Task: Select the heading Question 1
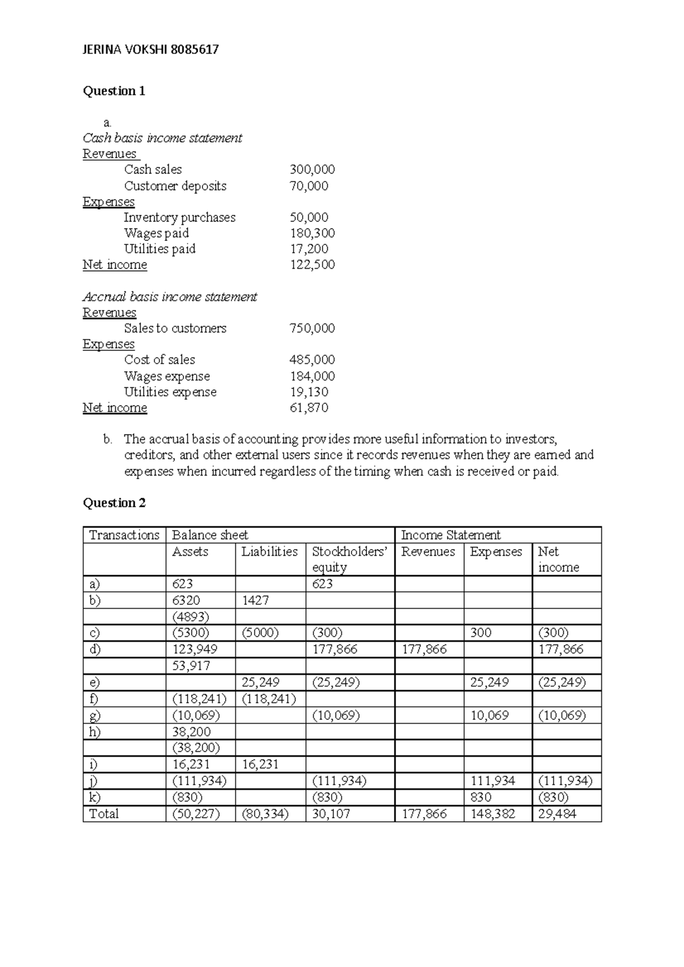pos(114,91)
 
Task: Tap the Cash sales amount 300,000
pos(312,170)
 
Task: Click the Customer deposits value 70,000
pos(308,186)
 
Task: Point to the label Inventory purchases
pos(180,218)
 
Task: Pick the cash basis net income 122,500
pos(312,265)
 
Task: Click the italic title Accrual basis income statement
pos(170,297)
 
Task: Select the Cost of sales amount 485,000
pos(312,360)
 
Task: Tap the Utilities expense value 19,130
pos(308,392)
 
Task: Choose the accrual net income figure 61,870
pos(308,408)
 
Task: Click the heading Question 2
pos(114,503)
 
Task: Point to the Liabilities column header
pos(269,552)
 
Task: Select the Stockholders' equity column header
pos(349,559)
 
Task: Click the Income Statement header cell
pos(450,535)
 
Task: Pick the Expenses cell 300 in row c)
pos(481,633)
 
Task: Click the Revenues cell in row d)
pos(424,649)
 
